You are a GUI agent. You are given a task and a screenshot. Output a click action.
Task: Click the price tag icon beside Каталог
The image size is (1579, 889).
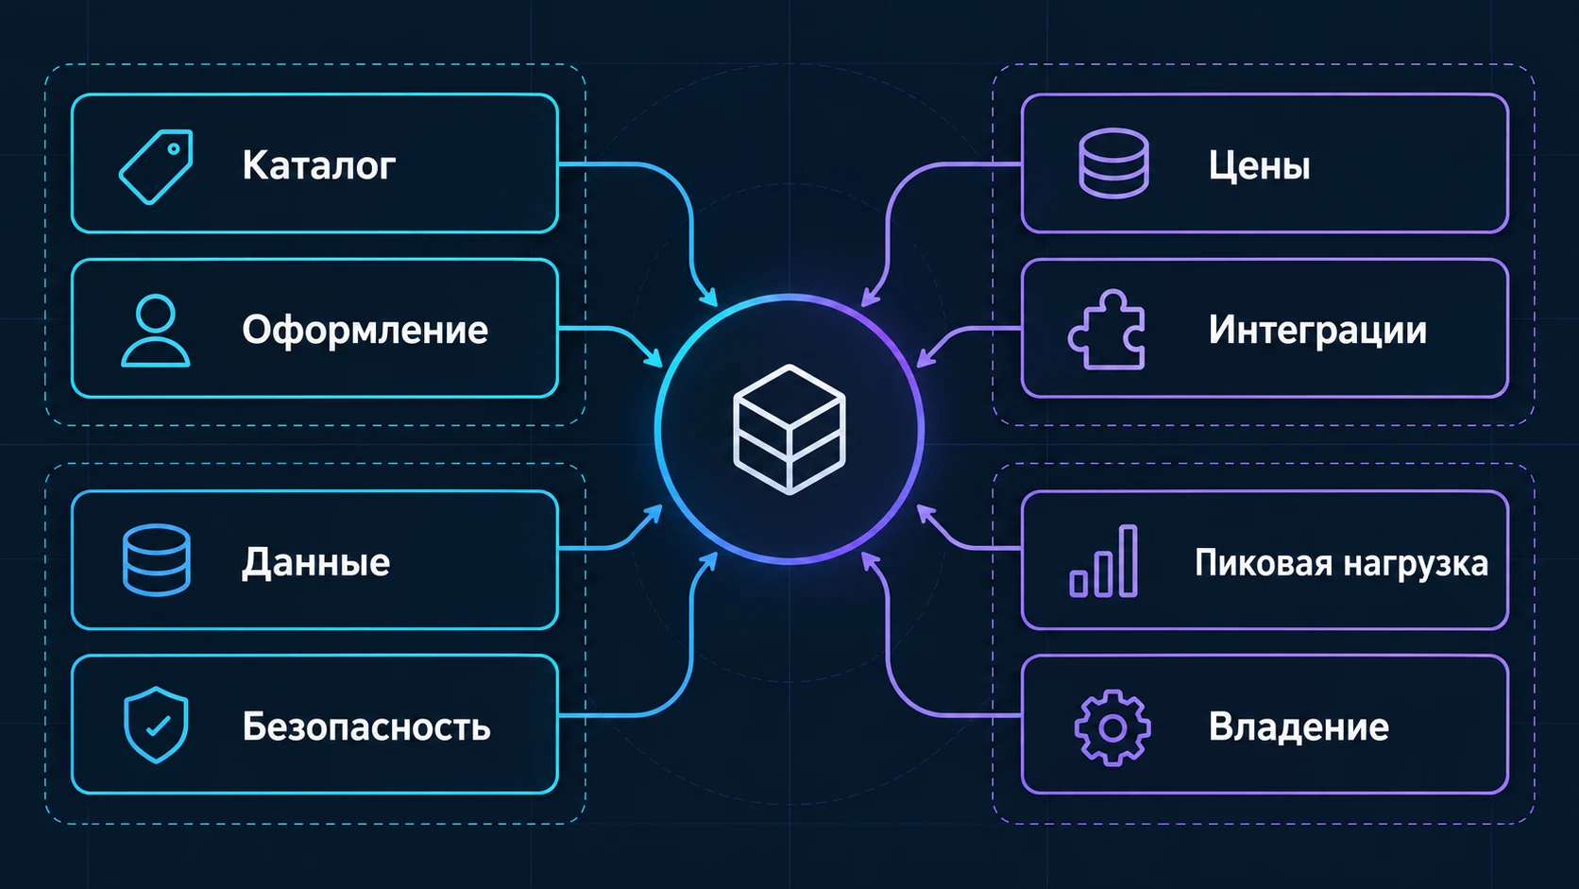(x=156, y=166)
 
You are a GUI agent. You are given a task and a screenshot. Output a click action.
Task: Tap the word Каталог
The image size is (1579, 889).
(x=318, y=165)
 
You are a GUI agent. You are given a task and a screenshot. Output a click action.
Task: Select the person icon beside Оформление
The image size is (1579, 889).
(x=155, y=331)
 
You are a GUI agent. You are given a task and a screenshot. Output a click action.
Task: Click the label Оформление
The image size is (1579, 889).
(x=365, y=330)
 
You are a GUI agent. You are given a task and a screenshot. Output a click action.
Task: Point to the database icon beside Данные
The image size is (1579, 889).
(x=157, y=560)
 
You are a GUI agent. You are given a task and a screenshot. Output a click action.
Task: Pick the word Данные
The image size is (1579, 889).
(x=315, y=562)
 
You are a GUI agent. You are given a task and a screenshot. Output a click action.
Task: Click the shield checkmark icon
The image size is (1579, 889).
(x=156, y=725)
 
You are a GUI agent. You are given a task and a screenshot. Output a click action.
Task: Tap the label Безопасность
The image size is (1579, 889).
(x=366, y=727)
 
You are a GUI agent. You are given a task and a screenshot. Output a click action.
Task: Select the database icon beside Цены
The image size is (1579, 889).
(x=1113, y=162)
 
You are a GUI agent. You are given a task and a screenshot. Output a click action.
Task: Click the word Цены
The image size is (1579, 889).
(x=1260, y=166)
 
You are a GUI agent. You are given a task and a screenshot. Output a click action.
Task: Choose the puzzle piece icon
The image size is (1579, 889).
(x=1107, y=329)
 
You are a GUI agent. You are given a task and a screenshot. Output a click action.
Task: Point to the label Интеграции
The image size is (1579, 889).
(x=1317, y=330)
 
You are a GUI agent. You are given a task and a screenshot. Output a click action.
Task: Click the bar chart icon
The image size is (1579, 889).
(x=1104, y=561)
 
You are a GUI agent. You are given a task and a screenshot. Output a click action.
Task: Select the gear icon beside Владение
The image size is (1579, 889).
(x=1112, y=727)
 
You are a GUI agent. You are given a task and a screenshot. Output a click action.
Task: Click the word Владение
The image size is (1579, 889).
(x=1299, y=727)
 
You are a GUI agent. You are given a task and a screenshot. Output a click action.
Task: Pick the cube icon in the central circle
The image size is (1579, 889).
(x=789, y=429)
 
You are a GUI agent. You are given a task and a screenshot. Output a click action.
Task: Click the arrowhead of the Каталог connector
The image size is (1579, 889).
(x=709, y=298)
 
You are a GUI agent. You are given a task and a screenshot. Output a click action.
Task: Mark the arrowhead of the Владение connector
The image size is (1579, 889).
(x=870, y=561)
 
